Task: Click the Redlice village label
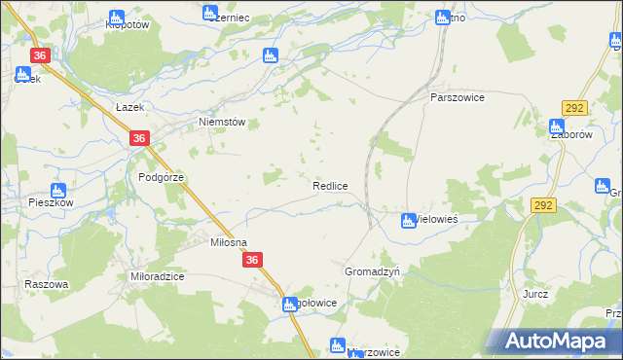[330, 185]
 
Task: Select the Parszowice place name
[458, 98]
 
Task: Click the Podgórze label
[161, 177]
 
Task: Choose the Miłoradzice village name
[158, 276]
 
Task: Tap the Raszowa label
[47, 284]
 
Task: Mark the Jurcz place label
[535, 293]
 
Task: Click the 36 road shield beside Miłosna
[252, 260]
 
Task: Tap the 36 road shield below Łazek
[139, 139]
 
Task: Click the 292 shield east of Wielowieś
[543, 205]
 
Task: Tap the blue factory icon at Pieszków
[57, 190]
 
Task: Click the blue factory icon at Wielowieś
[409, 221]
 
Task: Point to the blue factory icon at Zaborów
[556, 126]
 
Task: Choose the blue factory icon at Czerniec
[209, 12]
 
